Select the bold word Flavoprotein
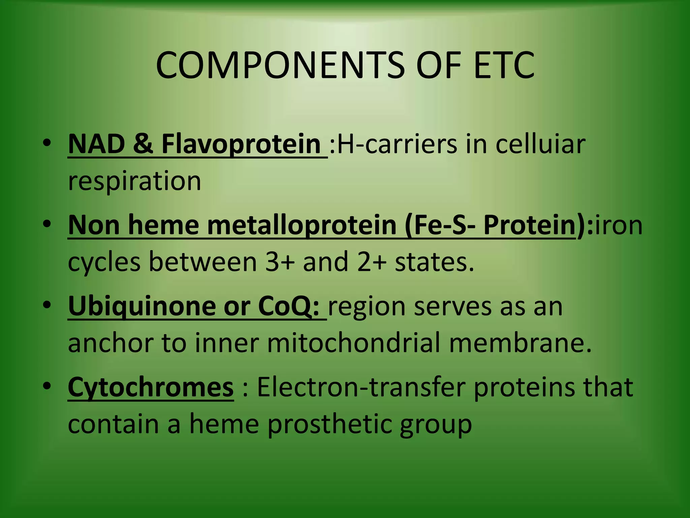pos(241,144)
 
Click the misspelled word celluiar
pos(540,144)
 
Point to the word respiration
pos(134,181)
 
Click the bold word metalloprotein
pos(302,225)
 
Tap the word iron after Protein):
pos(619,225)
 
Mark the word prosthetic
pos(330,424)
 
